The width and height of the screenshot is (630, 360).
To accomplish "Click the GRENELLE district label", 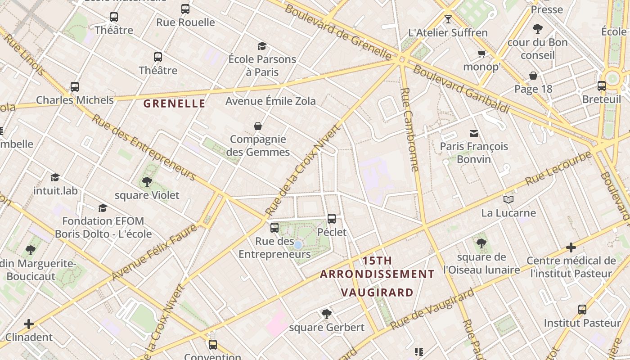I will (174, 104).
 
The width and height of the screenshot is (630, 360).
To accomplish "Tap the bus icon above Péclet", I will (332, 219).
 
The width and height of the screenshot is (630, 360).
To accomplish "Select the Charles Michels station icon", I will (75, 86).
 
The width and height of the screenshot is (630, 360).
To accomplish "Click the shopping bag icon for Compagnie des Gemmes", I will (258, 126).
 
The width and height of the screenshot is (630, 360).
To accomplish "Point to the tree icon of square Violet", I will (147, 182).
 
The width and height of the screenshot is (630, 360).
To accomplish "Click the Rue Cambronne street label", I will (409, 129).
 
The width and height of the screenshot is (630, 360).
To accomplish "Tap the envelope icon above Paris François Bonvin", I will (474, 133).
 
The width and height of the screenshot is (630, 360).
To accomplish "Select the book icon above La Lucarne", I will (508, 199).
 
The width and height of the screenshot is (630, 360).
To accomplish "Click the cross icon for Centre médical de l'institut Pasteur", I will (571, 247).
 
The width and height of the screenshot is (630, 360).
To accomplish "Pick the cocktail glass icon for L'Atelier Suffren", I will (448, 19).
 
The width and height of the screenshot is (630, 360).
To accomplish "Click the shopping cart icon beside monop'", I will (481, 54).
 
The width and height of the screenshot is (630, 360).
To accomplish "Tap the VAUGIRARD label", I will (377, 292).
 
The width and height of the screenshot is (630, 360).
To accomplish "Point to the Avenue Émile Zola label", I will (270, 101).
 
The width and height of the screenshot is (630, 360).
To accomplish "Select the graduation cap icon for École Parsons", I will (262, 46).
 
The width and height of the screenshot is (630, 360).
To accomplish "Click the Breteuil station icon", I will (602, 86).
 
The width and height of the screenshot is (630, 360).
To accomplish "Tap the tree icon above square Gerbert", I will (327, 314).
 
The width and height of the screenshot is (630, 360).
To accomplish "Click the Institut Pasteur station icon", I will (582, 310).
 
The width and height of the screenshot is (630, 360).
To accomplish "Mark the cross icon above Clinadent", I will (29, 324).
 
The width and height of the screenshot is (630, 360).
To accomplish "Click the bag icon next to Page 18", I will (533, 76).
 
